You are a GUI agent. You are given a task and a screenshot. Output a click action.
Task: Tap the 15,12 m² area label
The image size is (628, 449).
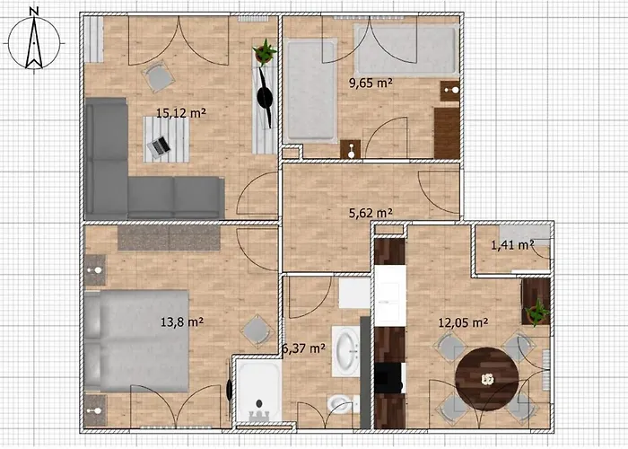coord(181,113)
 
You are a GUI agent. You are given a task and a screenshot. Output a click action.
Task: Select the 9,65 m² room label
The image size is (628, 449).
coord(371,84)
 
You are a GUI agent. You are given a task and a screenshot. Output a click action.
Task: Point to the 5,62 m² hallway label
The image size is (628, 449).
coord(371,213)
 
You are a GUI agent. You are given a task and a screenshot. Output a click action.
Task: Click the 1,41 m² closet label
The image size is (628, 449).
coord(512,244)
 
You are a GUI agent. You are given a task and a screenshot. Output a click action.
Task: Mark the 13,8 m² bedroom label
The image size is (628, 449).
coord(180,321)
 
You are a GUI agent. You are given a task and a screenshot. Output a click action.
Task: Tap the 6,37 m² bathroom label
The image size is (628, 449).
coord(303,348)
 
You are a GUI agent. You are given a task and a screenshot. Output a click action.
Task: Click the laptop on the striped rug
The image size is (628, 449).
coord(161,145)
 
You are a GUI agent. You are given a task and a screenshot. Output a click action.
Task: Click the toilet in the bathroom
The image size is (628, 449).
coord(340,403)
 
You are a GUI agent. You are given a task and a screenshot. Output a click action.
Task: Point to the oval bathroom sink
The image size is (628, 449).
coord(347,350)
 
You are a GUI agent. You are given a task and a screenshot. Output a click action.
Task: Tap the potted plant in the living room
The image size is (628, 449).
coord(264,52)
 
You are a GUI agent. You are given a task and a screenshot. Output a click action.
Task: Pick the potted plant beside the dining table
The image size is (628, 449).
coord(537,312)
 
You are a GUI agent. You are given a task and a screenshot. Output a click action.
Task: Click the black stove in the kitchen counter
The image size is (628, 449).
coord(388,377)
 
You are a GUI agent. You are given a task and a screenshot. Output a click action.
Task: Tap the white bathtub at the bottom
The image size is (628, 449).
coord(259,391)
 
